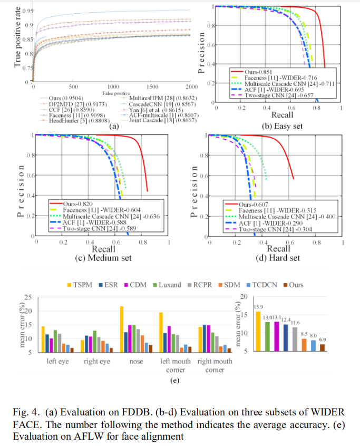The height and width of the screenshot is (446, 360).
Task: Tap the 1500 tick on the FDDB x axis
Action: pos(152,86)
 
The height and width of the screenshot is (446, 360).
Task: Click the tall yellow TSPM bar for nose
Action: pos(122,329)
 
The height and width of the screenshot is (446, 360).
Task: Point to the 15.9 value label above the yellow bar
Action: pos(258,307)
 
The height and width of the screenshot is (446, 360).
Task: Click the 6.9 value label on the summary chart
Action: pos(323,340)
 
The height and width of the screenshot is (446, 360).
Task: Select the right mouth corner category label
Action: pos(215,366)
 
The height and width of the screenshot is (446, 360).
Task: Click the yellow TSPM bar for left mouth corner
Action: pos(161,332)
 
